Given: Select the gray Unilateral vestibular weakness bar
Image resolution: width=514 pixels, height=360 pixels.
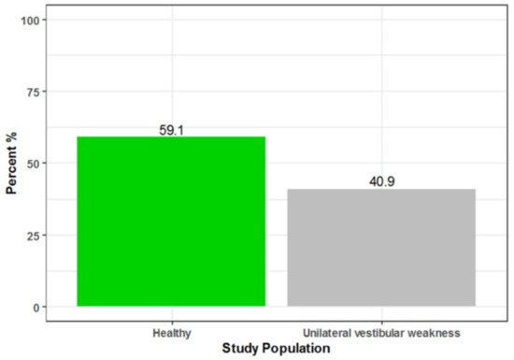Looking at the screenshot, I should [381, 248].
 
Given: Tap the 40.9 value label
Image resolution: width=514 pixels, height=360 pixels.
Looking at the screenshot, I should [381, 182].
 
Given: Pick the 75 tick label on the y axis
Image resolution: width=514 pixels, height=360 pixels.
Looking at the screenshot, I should [31, 92].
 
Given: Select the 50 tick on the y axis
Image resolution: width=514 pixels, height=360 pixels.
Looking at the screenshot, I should [31, 163].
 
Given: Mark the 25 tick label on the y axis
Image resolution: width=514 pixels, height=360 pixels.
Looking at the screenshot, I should [31, 235].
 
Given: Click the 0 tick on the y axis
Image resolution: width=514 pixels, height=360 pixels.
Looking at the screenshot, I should [35, 307].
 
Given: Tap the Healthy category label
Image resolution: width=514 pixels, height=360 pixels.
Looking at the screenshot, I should [171, 332].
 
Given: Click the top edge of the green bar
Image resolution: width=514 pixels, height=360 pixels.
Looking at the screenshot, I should [171, 137].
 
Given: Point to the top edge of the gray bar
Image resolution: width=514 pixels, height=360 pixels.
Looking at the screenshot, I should [381, 190].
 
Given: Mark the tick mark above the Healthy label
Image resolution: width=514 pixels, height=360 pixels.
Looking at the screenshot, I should [171, 323].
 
